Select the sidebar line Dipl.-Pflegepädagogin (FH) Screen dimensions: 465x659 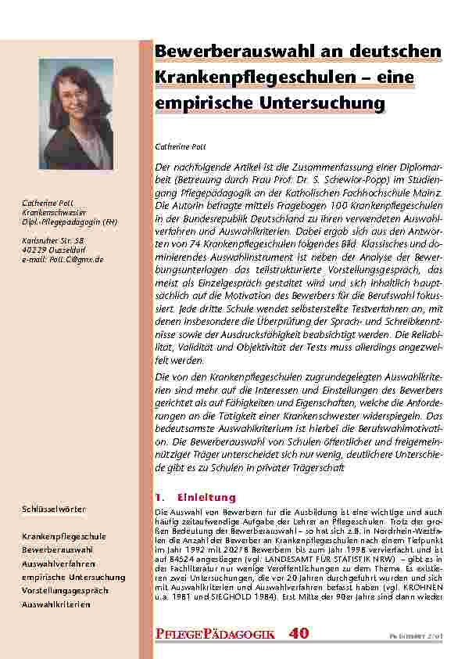pyautogui.click(x=70, y=223)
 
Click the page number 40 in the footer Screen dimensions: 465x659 pyautogui.click(x=300, y=635)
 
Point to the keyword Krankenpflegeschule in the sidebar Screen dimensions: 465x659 pyautogui.click(x=64, y=537)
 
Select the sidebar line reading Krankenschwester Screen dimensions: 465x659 pyautogui.click(x=54, y=214)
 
